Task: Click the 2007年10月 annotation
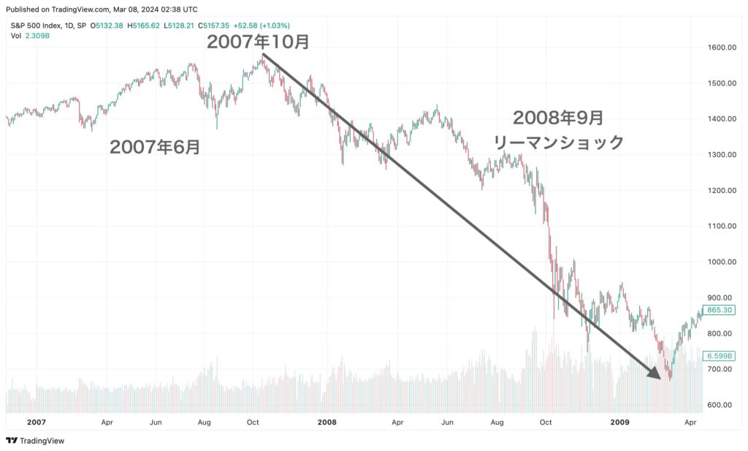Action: (258, 42)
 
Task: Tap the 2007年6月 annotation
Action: (155, 147)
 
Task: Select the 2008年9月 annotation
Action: (558, 118)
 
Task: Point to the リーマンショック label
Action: (558, 143)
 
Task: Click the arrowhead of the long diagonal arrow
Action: (655, 374)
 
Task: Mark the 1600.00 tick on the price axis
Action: (722, 48)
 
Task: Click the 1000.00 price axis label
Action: (722, 262)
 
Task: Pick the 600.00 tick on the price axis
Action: (720, 405)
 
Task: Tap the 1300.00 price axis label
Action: (722, 155)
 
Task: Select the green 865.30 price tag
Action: (720, 310)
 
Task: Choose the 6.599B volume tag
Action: (720, 356)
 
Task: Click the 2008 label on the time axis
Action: (327, 422)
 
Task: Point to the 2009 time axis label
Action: (619, 422)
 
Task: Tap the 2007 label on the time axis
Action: (37, 422)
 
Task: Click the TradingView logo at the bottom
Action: (35, 441)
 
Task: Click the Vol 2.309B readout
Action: (30, 36)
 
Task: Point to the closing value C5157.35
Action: (214, 26)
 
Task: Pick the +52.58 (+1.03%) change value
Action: (262, 26)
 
